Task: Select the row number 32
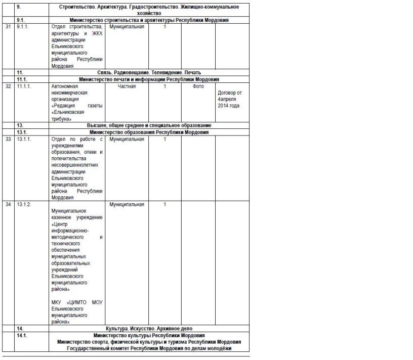tap(8, 86)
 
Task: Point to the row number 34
tap(8, 204)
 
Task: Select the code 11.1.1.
tap(24, 86)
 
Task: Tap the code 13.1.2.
tap(24, 204)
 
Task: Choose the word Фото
tap(198, 86)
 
